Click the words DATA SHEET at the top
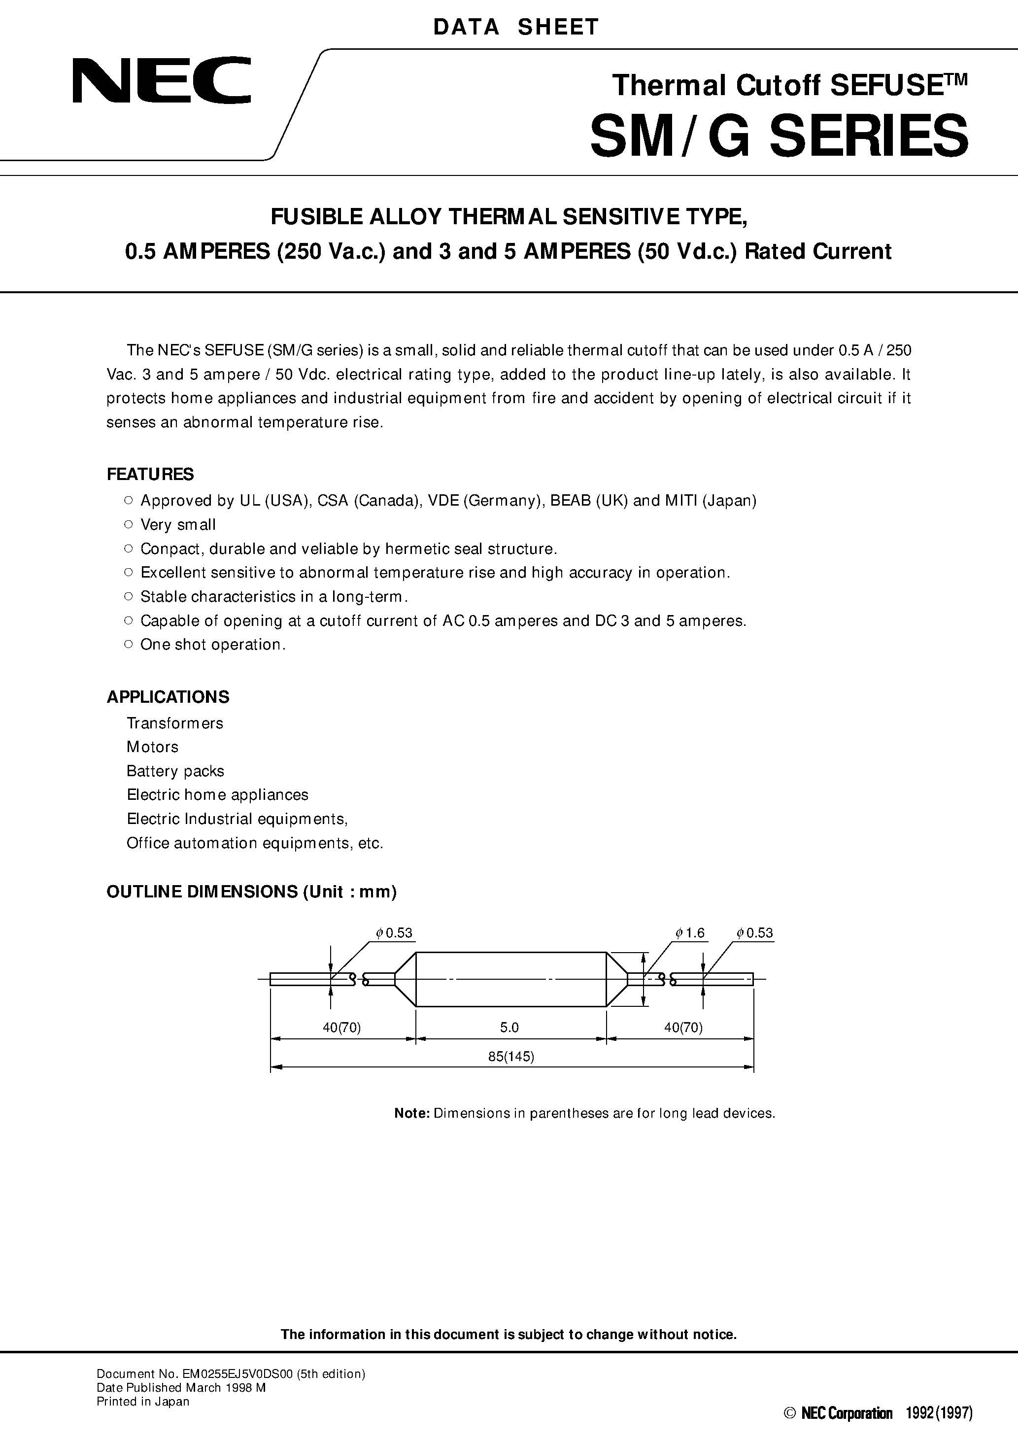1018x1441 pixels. tap(516, 27)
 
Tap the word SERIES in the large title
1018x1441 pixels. tap(869, 136)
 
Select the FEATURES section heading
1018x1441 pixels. tap(150, 475)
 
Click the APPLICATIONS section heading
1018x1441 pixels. tap(168, 697)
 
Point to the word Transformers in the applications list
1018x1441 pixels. tap(174, 723)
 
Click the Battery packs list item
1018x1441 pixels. tap(175, 771)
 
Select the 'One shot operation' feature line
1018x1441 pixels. tap(213, 645)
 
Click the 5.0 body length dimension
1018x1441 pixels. tap(509, 1028)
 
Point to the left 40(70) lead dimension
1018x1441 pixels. tap(341, 1028)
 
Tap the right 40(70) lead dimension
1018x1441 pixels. tap(683, 1028)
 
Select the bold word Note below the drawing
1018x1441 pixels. tap(411, 1113)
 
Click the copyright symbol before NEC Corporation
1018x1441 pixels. tap(791, 1427)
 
